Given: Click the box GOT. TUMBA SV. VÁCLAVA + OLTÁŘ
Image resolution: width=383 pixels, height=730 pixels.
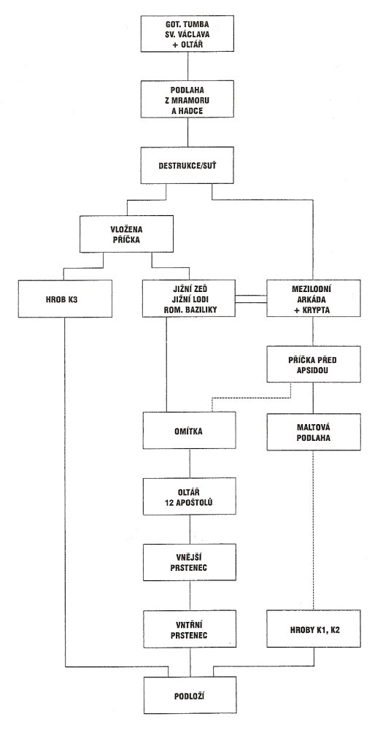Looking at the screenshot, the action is tap(187, 34).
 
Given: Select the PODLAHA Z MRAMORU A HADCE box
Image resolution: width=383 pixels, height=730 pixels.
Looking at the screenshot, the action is tap(187, 99).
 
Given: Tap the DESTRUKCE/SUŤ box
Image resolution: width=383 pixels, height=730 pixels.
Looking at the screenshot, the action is tap(187, 166).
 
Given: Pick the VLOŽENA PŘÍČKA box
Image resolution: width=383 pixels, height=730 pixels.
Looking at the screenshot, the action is tap(126, 234).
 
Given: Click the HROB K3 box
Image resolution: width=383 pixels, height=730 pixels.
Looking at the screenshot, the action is tap(65, 299).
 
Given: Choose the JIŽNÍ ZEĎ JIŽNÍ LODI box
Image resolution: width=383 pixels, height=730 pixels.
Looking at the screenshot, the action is tap(189, 299).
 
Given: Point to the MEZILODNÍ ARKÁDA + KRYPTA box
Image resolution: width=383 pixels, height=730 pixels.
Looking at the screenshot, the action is tap(314, 299).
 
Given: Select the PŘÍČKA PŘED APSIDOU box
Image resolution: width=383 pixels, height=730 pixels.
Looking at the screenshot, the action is tap(314, 364).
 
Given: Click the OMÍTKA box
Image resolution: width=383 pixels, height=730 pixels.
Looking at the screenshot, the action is tap(189, 431).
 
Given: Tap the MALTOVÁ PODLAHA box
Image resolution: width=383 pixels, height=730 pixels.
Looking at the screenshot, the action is tap(314, 431).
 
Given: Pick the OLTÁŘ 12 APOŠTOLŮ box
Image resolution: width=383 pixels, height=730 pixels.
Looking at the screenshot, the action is tap(189, 496).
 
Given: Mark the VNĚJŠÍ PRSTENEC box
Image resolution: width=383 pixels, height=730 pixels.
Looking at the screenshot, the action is tap(189, 561).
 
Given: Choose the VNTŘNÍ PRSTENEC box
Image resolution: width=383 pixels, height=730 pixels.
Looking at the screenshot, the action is tap(189, 629).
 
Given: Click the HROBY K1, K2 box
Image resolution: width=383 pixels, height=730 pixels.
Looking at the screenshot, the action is tap(314, 629).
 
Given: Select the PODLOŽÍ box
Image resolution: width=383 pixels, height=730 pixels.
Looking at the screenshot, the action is tap(190, 696).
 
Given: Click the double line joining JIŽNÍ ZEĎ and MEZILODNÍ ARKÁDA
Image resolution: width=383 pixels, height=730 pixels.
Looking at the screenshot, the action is tap(251, 299).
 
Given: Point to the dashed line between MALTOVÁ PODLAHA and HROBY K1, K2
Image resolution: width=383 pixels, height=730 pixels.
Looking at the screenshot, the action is tap(313, 530).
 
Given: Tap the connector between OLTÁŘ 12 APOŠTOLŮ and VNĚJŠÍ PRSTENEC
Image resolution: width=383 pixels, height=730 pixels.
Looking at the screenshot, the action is tap(190, 529).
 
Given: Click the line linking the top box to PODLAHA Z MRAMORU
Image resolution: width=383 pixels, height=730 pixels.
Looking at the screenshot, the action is tap(187, 66).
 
